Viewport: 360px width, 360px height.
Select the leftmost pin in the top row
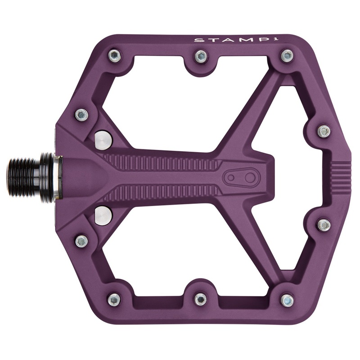point(114,56)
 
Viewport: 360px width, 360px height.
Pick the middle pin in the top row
point(200,56)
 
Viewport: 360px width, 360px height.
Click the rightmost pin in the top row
point(287,56)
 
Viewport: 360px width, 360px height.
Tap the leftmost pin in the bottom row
point(114,299)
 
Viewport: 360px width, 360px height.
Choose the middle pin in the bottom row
point(200,299)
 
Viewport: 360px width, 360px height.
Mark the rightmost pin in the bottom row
point(287,300)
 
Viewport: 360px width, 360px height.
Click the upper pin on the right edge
point(324,131)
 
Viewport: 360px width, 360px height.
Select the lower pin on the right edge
point(324,225)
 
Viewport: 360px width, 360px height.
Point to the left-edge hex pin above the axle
point(81,114)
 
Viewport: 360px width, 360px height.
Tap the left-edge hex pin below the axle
point(81,241)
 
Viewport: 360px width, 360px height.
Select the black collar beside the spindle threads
point(47,177)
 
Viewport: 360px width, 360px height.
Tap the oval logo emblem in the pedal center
point(241,178)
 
